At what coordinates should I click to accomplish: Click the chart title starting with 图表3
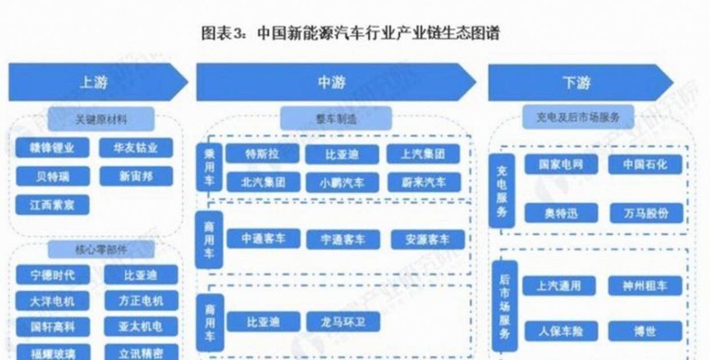point(350,33)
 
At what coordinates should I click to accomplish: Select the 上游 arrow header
point(94,83)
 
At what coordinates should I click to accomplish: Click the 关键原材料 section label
point(101,119)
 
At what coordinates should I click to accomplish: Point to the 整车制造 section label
point(336,119)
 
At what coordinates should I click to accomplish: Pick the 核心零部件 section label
point(101,250)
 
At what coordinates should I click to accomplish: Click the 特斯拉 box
point(262,154)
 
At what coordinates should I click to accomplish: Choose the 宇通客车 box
point(343,239)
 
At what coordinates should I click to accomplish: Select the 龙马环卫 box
point(343,322)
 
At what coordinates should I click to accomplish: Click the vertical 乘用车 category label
point(209,166)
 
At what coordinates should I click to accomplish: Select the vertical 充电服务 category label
point(502,191)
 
